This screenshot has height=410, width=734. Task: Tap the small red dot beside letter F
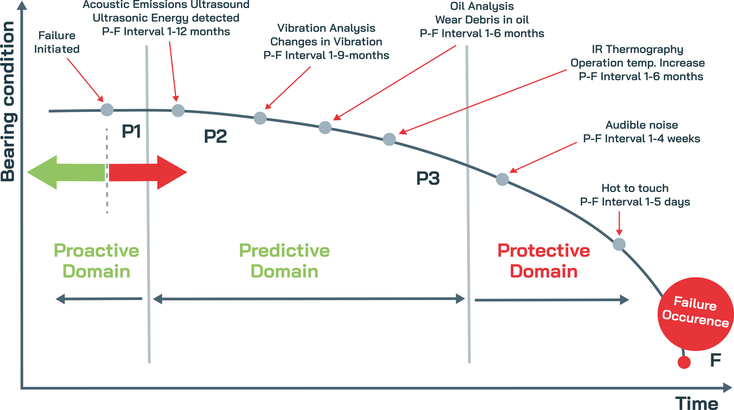(684, 362)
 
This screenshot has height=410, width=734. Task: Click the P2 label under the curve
(215, 136)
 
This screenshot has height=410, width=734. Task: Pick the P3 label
(428, 179)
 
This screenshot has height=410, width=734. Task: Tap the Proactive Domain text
(97, 261)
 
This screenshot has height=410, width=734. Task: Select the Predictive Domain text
(284, 261)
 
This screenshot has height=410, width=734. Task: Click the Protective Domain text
(543, 261)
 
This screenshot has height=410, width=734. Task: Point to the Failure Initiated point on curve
(107, 110)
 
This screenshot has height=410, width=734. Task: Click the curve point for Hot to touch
(619, 244)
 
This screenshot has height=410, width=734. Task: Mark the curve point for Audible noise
(502, 179)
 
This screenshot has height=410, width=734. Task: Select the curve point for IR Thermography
(389, 139)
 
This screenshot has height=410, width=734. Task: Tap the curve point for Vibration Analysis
(260, 117)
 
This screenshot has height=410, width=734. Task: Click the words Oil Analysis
(482, 8)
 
